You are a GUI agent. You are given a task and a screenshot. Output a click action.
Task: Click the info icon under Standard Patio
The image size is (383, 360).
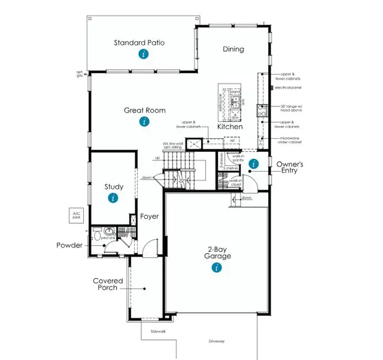(143, 54)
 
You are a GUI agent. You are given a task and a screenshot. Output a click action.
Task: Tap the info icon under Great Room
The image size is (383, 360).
(144, 122)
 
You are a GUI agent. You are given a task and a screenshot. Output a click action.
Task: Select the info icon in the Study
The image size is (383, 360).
(114, 198)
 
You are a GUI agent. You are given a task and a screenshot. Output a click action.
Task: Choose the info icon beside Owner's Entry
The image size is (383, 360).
(253, 164)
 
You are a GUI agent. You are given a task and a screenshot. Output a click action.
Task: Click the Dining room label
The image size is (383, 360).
(233, 49)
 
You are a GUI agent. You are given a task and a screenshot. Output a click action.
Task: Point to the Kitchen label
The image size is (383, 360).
(230, 127)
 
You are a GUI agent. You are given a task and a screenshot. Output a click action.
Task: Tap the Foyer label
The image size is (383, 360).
(150, 216)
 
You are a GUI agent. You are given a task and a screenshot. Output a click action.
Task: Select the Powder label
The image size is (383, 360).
(69, 245)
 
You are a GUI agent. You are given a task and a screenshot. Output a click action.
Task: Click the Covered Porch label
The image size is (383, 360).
(108, 285)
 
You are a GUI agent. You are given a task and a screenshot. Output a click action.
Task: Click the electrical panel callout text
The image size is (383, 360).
(288, 88)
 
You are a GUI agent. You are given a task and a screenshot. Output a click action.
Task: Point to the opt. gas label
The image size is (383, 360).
(79, 75)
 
